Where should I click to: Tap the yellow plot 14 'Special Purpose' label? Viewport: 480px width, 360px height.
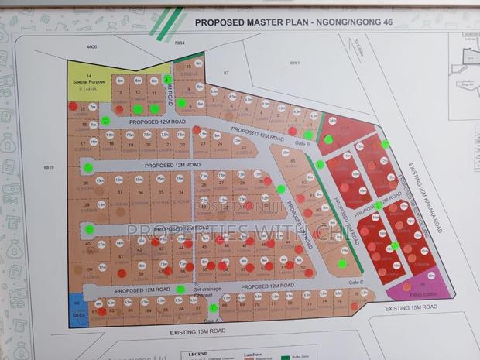pyautogui.click(x=89, y=81)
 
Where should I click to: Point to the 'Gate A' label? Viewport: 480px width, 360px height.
pyautogui.click(x=212, y=320)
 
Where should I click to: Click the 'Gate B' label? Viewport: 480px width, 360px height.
pyautogui.click(x=303, y=143)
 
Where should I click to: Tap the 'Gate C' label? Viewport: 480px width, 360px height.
pyautogui.click(x=355, y=283)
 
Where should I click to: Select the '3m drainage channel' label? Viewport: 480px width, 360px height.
pyautogui.click(x=208, y=292)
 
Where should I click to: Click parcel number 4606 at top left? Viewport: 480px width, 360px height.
pyautogui.click(x=92, y=47)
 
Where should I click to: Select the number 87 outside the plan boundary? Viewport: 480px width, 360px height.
pyautogui.click(x=228, y=72)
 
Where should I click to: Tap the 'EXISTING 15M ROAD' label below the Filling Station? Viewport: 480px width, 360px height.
pyautogui.click(x=412, y=308)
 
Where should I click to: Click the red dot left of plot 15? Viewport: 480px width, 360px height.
pyautogui.click(x=73, y=105)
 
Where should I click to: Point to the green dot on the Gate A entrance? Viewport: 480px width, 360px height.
pyautogui.click(x=214, y=308)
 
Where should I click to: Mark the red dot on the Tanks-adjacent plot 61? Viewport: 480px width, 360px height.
pyautogui.click(x=101, y=311)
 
